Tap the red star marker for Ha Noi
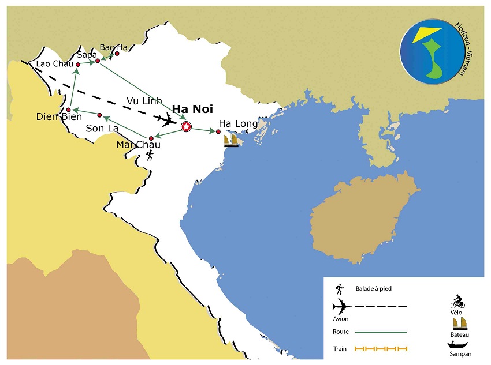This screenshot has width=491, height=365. coord(186,127)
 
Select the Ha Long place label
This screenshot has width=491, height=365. coord(238,123)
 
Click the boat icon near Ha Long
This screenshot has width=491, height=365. coord(231,140)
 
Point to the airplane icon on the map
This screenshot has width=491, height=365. coord(167,120)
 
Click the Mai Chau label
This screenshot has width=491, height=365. coord(138,145)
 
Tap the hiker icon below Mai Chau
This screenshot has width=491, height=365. coord(150,155)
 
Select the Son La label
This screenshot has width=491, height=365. coord(102,128)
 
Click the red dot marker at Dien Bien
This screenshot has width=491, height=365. coord(69,110)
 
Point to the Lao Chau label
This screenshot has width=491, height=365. coord(54,63)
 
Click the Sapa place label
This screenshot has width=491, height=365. coord(87,55)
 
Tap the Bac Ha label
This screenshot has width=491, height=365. coord(113,47)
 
